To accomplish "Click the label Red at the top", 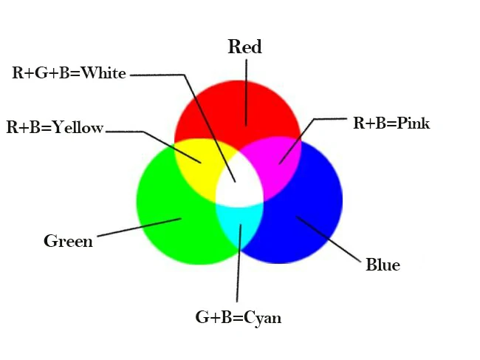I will (244, 47).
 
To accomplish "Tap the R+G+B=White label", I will (69, 73).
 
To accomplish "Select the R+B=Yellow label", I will (55, 127).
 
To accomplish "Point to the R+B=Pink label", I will (391, 123).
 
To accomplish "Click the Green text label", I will (68, 241).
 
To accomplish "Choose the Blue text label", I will (383, 265).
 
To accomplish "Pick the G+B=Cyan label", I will (239, 318).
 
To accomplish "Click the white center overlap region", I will (239, 189).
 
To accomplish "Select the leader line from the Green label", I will (140, 227).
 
